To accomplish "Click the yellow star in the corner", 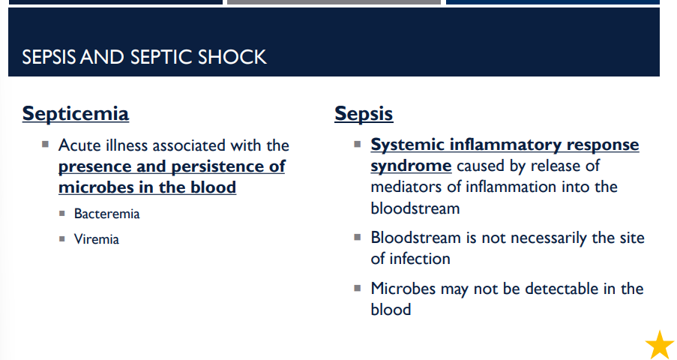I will pos(660,345).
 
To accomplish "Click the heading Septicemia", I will pos(76,114).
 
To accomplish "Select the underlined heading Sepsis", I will pos(364,114).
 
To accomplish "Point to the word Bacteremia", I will pos(106,214).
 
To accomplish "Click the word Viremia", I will pos(96,239).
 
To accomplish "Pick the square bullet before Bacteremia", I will pos(62,214).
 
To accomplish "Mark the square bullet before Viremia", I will pos(62,239).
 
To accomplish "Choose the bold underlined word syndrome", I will pos(411,166).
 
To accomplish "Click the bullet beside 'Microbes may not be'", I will pos(358,287).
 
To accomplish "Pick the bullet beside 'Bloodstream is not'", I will pos(358,236).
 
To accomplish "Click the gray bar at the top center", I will pos(334,2).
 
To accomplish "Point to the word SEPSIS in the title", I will pos(49,57).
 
